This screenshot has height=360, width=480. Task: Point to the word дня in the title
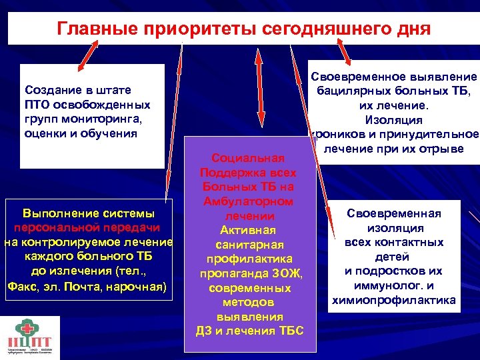[413, 29]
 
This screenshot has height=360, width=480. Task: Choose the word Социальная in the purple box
[247, 158]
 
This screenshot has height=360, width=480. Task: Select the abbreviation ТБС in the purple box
[287, 331]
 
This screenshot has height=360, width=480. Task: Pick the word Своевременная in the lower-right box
[393, 213]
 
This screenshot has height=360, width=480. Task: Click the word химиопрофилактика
[393, 301]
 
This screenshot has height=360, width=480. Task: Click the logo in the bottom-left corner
[31, 337]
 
